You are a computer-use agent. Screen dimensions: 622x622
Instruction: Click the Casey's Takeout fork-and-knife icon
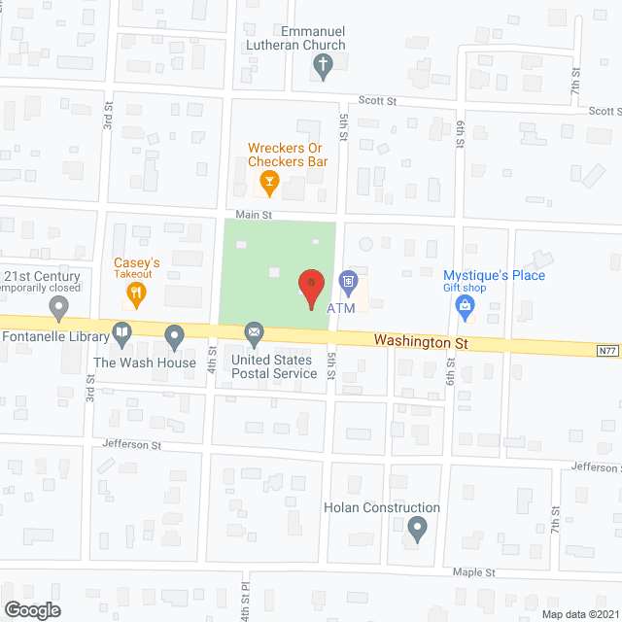coord(138,290)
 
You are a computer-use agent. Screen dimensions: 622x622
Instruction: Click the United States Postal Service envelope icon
coord(255,335)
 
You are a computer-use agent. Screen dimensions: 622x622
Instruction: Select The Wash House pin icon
coord(175,336)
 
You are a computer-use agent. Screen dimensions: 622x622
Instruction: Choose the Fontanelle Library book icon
coord(121,334)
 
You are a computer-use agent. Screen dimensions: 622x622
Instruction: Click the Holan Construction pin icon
coord(418,529)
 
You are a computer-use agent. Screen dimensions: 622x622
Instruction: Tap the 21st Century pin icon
coord(59,309)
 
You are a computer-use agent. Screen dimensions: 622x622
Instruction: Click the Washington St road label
coord(422,342)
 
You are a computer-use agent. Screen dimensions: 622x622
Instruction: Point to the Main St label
coord(253,214)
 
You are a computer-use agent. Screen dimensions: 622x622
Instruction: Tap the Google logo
coord(31,609)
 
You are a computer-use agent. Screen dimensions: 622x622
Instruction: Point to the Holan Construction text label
coord(382,507)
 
